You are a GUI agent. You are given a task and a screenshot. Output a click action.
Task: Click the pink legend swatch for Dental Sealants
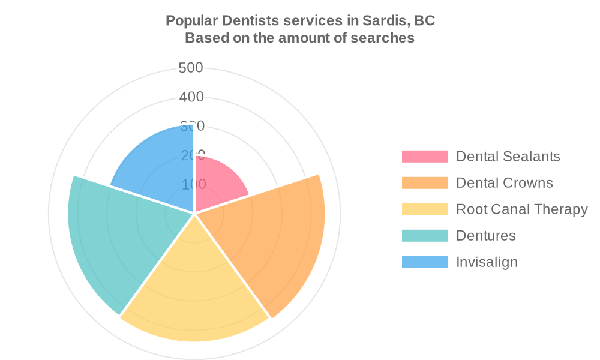pos(425,157)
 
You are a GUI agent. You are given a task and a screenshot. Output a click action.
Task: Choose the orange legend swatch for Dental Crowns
pos(425,183)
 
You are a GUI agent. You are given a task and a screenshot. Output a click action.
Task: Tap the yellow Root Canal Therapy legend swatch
pos(425,209)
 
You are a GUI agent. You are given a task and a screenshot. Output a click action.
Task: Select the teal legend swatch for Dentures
pos(425,236)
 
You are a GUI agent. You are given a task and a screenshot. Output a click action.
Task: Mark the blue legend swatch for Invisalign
pos(425,262)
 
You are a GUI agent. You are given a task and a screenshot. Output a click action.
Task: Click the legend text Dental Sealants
pos(508,157)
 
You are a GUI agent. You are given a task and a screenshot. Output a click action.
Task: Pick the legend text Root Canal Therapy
pos(522,209)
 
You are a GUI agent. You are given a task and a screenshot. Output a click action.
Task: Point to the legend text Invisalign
pos(487,262)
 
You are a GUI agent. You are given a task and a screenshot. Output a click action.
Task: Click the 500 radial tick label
pos(191,68)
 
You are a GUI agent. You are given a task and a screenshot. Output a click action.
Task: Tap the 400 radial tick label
pos(191,97)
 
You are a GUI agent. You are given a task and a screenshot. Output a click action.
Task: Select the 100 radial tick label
pos(193,184)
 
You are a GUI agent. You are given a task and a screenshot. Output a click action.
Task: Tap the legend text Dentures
pos(486,236)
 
